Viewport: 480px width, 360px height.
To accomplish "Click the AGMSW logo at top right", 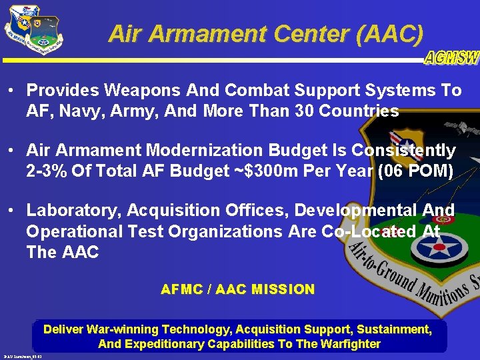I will pos(451,58).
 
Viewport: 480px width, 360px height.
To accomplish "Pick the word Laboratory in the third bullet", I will pos(67,211).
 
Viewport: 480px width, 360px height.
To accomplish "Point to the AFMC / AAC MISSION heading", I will pos(238,289).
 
